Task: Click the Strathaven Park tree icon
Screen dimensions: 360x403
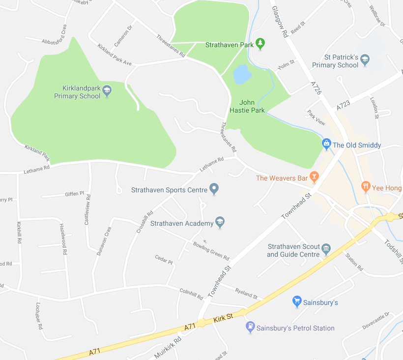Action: (x=260, y=44)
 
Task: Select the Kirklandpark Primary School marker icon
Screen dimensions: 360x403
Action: (x=107, y=90)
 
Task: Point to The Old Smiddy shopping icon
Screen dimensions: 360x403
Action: (x=326, y=145)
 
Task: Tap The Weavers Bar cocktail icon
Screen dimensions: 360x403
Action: (x=315, y=178)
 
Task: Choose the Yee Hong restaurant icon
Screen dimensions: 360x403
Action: (x=365, y=187)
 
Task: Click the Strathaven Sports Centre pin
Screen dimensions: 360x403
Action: (x=214, y=189)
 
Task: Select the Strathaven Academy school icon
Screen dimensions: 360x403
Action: (x=220, y=223)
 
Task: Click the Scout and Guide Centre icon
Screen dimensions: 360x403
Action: (x=326, y=250)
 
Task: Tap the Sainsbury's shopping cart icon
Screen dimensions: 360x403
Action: (x=297, y=301)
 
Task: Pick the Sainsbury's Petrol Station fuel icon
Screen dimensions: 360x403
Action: (x=250, y=327)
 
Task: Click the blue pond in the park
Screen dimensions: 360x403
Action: (x=242, y=74)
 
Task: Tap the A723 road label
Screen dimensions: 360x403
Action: (x=344, y=105)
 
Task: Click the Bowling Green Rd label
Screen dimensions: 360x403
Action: (x=211, y=251)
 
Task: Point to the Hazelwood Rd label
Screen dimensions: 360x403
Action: (x=63, y=239)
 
